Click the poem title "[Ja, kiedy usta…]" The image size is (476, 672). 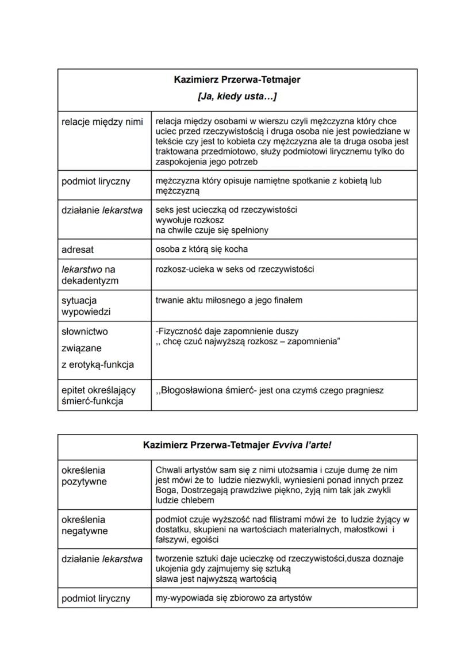tap(237, 96)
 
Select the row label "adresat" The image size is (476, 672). tap(78, 249)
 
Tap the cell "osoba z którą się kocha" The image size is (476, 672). tap(202, 249)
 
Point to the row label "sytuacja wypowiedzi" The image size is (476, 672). tap(79, 306)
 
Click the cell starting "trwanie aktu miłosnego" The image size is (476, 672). tap(229, 300)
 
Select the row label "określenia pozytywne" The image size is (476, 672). tap(84, 475)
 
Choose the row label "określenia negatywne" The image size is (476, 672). tap(85, 525)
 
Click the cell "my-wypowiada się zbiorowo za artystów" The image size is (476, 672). tap(233, 598)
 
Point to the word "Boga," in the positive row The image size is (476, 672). tap(167, 490)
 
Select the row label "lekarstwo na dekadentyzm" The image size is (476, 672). tap(90, 275)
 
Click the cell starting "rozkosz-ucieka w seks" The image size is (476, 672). tap(235, 269)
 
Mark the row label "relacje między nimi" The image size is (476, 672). tap(102, 122)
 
